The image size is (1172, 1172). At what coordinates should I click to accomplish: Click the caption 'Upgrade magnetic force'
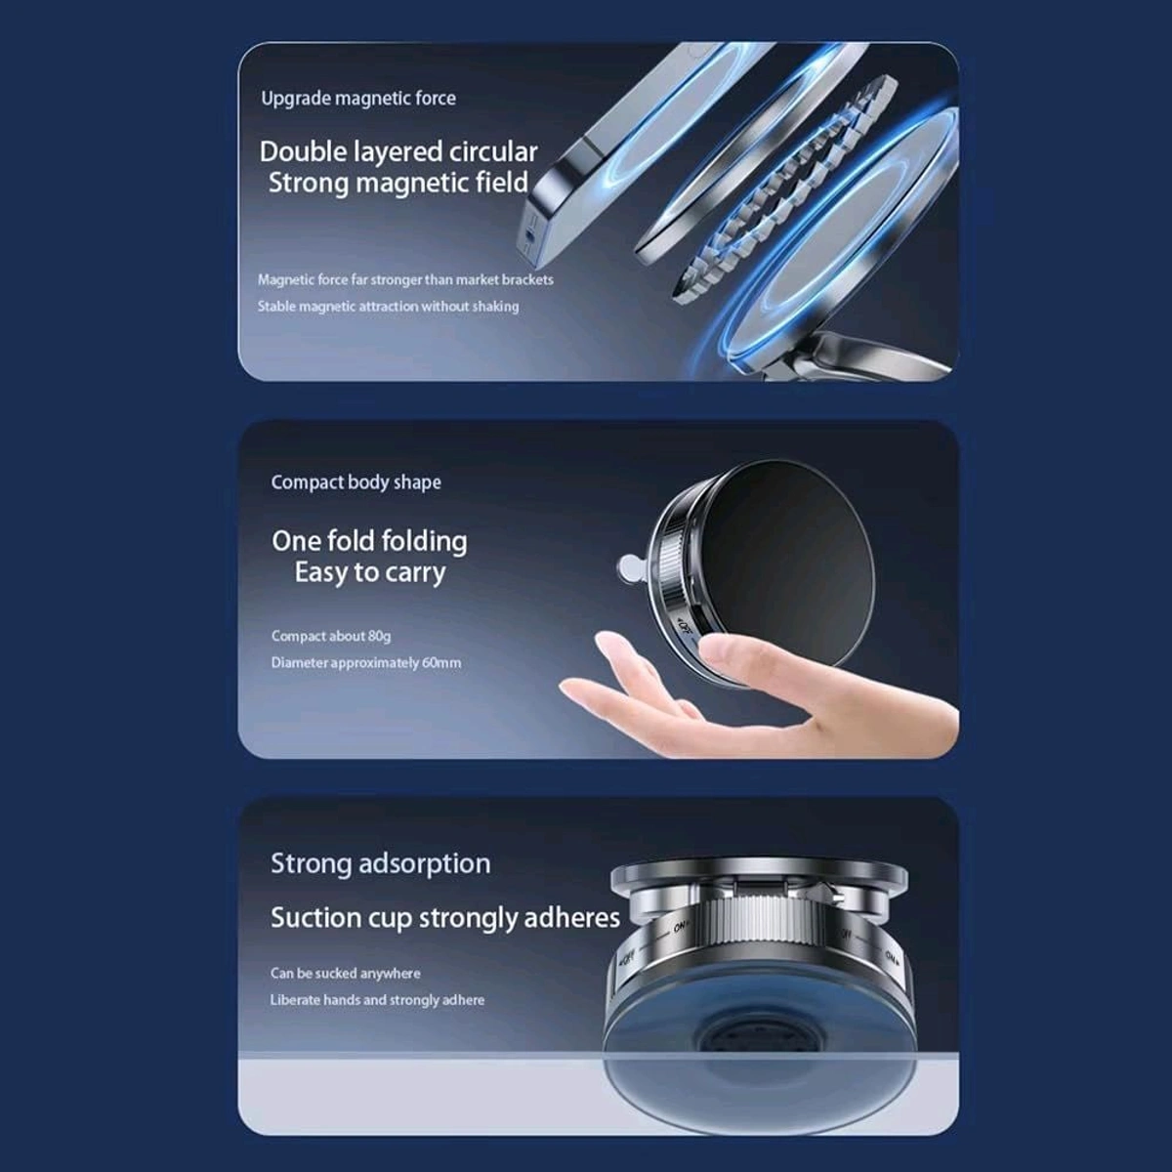pos(357,98)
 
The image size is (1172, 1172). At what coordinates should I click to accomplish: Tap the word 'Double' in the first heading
pos(302,152)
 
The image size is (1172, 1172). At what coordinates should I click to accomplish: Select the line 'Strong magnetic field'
pos(398,184)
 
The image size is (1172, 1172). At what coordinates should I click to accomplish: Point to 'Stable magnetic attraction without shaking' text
pos(388,307)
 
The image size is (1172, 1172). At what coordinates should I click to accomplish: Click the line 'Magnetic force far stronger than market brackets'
pos(405,280)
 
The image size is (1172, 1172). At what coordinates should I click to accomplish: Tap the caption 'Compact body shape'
pos(356,482)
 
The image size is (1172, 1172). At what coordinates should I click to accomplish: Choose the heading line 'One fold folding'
pos(369,541)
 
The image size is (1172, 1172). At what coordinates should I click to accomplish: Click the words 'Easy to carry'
pos(369,572)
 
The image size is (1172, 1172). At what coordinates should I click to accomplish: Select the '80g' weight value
pos(379,637)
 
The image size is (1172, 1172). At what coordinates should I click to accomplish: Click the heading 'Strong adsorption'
pos(380,864)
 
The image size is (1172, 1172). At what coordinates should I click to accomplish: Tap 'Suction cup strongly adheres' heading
pos(444,919)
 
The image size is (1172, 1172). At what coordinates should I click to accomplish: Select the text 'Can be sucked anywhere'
pos(345,974)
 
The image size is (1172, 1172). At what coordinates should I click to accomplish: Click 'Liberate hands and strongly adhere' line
pos(377,1000)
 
